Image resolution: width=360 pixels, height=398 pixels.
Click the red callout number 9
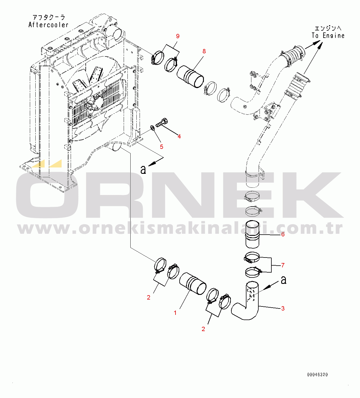[x=178, y=36]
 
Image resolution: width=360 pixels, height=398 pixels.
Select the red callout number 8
[x=204, y=51]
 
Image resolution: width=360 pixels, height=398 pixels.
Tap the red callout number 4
[x=179, y=136]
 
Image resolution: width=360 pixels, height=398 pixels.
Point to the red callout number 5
[x=162, y=147]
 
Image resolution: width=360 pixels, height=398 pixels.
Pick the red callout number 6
[x=283, y=234]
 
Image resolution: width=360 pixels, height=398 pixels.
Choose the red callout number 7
[x=283, y=265]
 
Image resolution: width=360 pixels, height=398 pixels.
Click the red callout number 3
[x=283, y=308]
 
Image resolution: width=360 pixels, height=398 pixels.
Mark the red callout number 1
[x=175, y=313]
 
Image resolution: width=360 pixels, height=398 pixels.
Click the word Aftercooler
[x=48, y=25]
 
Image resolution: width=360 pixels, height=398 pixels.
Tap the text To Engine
[x=328, y=36]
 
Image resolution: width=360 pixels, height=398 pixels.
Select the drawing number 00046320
[x=317, y=375]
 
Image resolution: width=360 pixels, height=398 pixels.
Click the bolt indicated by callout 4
[x=162, y=122]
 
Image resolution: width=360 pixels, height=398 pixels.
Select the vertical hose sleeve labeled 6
[x=253, y=234]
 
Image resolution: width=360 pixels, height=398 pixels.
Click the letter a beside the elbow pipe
[x=284, y=280]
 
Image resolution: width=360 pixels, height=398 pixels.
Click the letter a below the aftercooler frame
[x=143, y=170]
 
